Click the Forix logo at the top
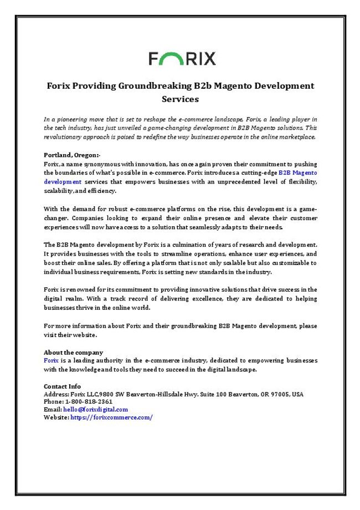pos(182,58)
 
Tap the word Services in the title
pos(180,100)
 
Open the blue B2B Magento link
pos(298,173)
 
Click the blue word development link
pos(63,181)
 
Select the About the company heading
pos(73,353)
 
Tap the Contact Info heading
pos(62,386)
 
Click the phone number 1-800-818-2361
pos(89,401)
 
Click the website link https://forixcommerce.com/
pos(111,417)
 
